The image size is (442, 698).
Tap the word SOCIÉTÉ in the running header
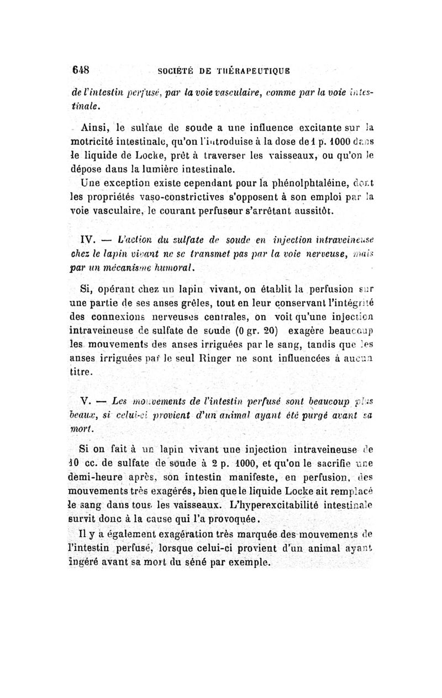tap(177, 72)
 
